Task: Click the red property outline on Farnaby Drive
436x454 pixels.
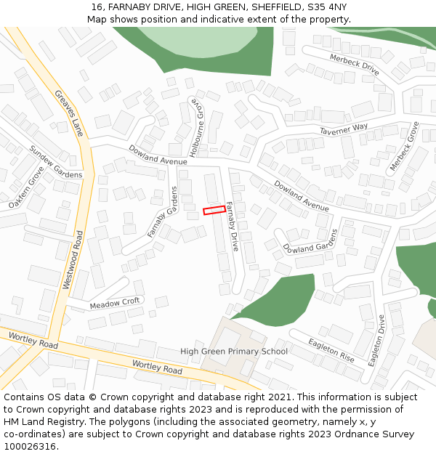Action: pyautogui.click(x=214, y=210)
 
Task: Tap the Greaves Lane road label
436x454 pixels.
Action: pyautogui.click(x=69, y=113)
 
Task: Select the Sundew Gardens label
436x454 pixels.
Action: pyautogui.click(x=55, y=161)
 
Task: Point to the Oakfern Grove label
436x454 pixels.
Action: pyautogui.click(x=26, y=188)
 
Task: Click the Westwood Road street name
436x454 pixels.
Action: pyautogui.click(x=73, y=260)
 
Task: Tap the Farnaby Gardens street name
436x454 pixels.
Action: pyautogui.click(x=162, y=211)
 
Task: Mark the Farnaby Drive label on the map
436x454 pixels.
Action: pyautogui.click(x=232, y=226)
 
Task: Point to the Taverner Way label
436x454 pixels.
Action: pyautogui.click(x=344, y=129)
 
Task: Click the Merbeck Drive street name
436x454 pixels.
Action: pyautogui.click(x=355, y=65)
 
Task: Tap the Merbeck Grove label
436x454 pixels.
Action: pyautogui.click(x=405, y=146)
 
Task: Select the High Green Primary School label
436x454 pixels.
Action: pyautogui.click(x=234, y=351)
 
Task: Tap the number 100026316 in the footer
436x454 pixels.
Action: pyautogui.click(x=31, y=446)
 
